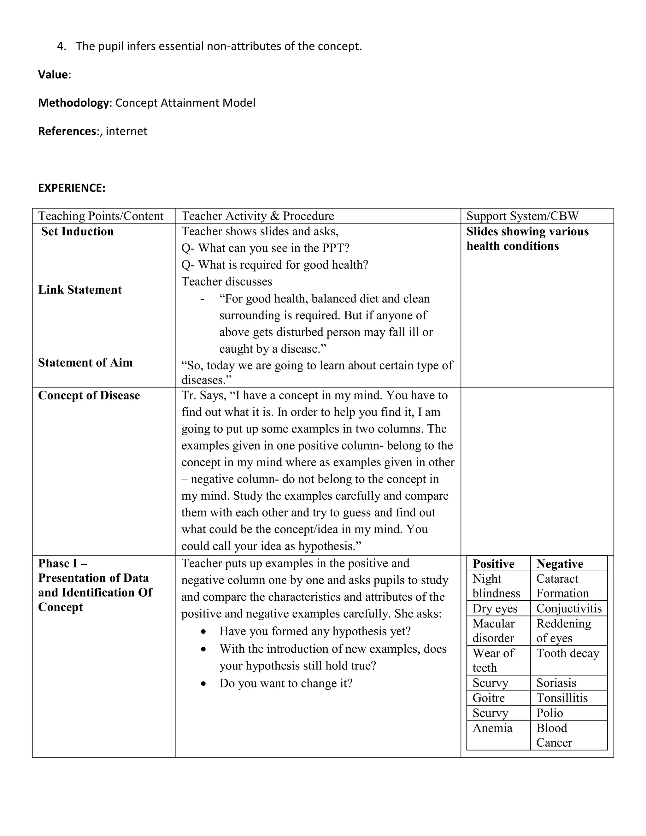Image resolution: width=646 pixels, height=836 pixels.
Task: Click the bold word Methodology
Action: click(73, 103)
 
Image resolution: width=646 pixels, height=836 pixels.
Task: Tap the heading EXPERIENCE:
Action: click(72, 188)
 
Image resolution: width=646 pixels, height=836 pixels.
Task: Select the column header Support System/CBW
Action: click(522, 216)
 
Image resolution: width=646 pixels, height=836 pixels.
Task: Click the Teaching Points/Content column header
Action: click(101, 216)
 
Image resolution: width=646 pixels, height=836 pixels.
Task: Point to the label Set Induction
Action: click(77, 232)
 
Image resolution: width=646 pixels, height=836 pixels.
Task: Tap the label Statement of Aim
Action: click(85, 362)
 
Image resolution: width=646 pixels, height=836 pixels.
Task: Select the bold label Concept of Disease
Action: click(89, 395)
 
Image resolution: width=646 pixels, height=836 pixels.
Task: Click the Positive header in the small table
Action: click(493, 564)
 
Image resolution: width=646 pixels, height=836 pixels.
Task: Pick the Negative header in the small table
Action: click(560, 564)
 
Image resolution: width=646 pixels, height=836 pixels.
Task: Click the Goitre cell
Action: click(488, 698)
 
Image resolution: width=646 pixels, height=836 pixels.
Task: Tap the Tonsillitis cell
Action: click(561, 698)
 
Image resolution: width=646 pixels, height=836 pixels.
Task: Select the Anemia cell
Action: click(492, 728)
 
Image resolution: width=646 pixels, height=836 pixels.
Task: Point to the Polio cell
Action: click(549, 713)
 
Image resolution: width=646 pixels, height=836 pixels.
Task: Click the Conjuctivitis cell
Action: click(569, 608)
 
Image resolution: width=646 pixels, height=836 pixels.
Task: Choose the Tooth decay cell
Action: click(567, 653)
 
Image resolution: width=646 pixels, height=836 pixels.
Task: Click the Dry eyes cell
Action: click(495, 608)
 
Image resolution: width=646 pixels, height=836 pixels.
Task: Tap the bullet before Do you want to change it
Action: click(204, 684)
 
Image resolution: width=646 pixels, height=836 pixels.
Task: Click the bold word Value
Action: click(53, 75)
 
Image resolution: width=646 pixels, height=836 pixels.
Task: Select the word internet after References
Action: click(126, 131)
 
